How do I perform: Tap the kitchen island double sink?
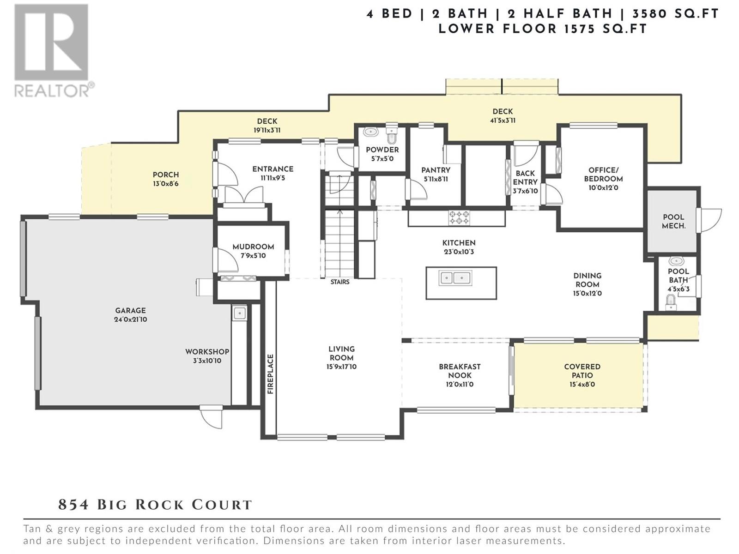coord(455,278)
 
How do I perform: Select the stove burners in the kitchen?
coord(460,217)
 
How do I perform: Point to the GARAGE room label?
coord(130,311)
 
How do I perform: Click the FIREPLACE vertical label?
coord(271,374)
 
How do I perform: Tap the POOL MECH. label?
coord(673,221)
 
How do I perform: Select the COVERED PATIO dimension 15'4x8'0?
coord(582,384)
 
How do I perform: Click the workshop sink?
coord(239,313)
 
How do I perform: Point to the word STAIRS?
coord(340,282)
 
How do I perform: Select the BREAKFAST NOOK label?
coord(460,371)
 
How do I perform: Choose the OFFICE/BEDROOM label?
coord(603,174)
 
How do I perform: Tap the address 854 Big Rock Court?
coord(155,505)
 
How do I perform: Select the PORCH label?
coord(166,175)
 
